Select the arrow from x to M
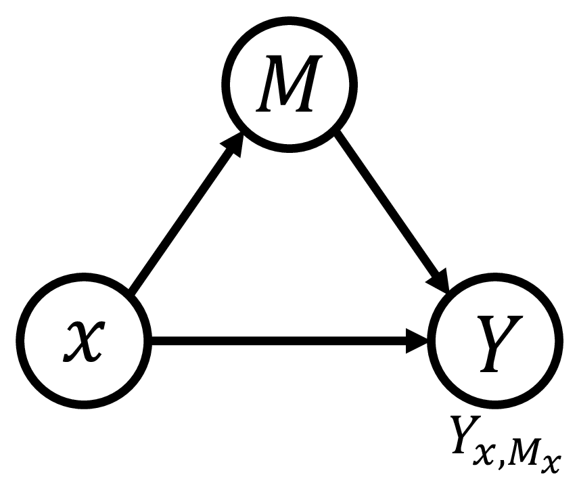click(x=186, y=213)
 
